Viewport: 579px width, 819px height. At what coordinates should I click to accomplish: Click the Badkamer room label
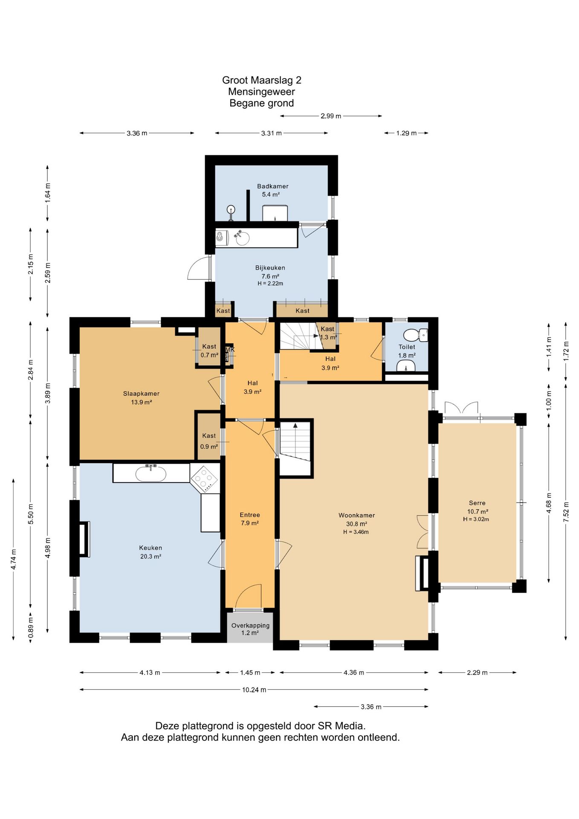[272, 186]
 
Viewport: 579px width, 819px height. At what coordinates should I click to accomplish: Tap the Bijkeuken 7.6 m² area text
[270, 276]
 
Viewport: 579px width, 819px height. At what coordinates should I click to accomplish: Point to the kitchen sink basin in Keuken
[151, 473]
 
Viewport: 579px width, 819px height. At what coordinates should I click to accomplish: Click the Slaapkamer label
[141, 393]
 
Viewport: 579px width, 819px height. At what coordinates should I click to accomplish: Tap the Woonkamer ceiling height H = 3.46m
[356, 532]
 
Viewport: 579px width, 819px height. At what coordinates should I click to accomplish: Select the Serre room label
[477, 503]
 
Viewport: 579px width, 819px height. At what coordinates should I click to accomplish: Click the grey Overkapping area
[250, 628]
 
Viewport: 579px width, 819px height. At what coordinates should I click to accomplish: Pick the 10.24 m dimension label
[254, 690]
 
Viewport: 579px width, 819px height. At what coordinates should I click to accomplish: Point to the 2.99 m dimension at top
[331, 116]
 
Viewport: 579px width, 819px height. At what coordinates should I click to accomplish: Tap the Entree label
[250, 515]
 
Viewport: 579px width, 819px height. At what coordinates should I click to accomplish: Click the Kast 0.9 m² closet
[209, 436]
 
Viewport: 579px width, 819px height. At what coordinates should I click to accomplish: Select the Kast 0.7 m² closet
[209, 347]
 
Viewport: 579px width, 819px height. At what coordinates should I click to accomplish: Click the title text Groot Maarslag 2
[262, 80]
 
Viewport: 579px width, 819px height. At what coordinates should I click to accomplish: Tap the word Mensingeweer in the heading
[262, 92]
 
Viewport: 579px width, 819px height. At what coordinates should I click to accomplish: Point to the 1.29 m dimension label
[406, 133]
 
